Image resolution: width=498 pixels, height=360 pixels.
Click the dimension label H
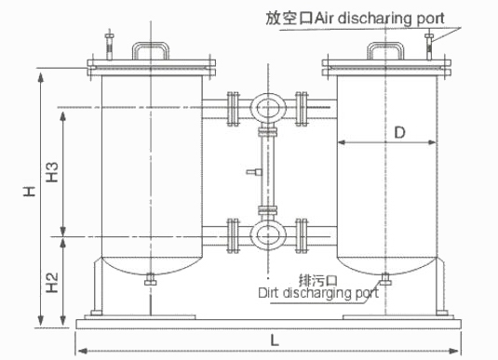(29, 191)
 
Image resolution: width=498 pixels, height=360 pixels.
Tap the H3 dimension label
(52, 172)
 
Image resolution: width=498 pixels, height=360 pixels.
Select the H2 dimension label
(52, 282)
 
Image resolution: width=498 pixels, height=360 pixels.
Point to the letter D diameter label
(399, 132)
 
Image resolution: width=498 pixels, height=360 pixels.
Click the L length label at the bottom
(275, 340)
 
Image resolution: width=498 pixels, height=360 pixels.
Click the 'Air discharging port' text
(380, 19)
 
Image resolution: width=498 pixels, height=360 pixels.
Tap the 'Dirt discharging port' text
(318, 293)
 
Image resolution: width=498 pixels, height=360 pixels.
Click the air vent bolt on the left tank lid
(110, 45)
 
